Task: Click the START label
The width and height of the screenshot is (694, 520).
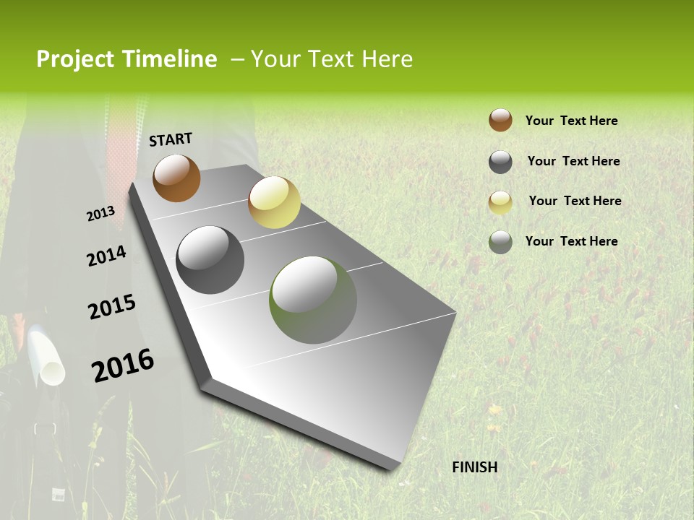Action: coord(171,139)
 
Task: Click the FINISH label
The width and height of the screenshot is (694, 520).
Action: coord(475,467)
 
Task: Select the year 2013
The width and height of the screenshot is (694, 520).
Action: coord(100,213)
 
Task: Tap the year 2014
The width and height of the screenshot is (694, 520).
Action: coord(106,256)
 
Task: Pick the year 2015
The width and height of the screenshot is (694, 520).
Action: coord(112,307)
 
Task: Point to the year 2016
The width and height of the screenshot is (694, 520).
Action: coord(123,365)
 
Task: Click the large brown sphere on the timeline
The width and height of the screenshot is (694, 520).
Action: coord(176,178)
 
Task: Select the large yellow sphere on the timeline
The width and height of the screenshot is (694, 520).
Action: coord(274,202)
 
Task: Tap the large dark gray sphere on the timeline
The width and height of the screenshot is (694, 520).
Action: coord(210,260)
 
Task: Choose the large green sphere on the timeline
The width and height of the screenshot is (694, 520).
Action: coord(313,300)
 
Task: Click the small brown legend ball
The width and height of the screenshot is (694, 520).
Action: coord(500,121)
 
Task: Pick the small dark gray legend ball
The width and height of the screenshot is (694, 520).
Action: coord(500,162)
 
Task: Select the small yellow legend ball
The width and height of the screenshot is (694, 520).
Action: coord(500,202)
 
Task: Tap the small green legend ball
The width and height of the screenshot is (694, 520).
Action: coord(500,242)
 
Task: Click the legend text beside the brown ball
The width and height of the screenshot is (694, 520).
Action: coord(571,121)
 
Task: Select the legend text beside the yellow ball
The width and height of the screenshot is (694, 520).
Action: coord(575,201)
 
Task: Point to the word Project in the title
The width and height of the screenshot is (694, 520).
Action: coord(75,59)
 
